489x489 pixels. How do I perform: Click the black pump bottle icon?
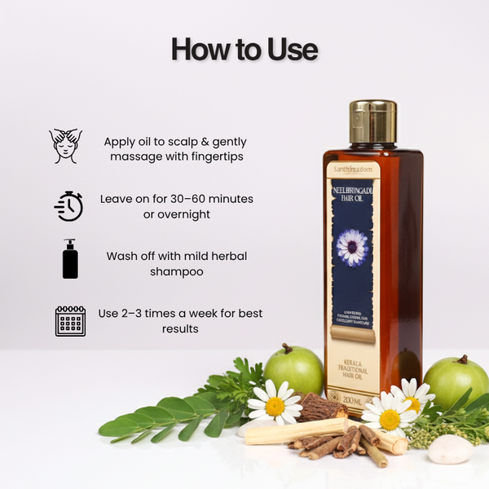coord(70,259)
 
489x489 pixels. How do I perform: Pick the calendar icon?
coord(70,321)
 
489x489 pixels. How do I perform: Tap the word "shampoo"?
coord(176,271)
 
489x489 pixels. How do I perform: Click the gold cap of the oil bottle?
coord(373,122)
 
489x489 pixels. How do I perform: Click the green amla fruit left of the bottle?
coord(293,370)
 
